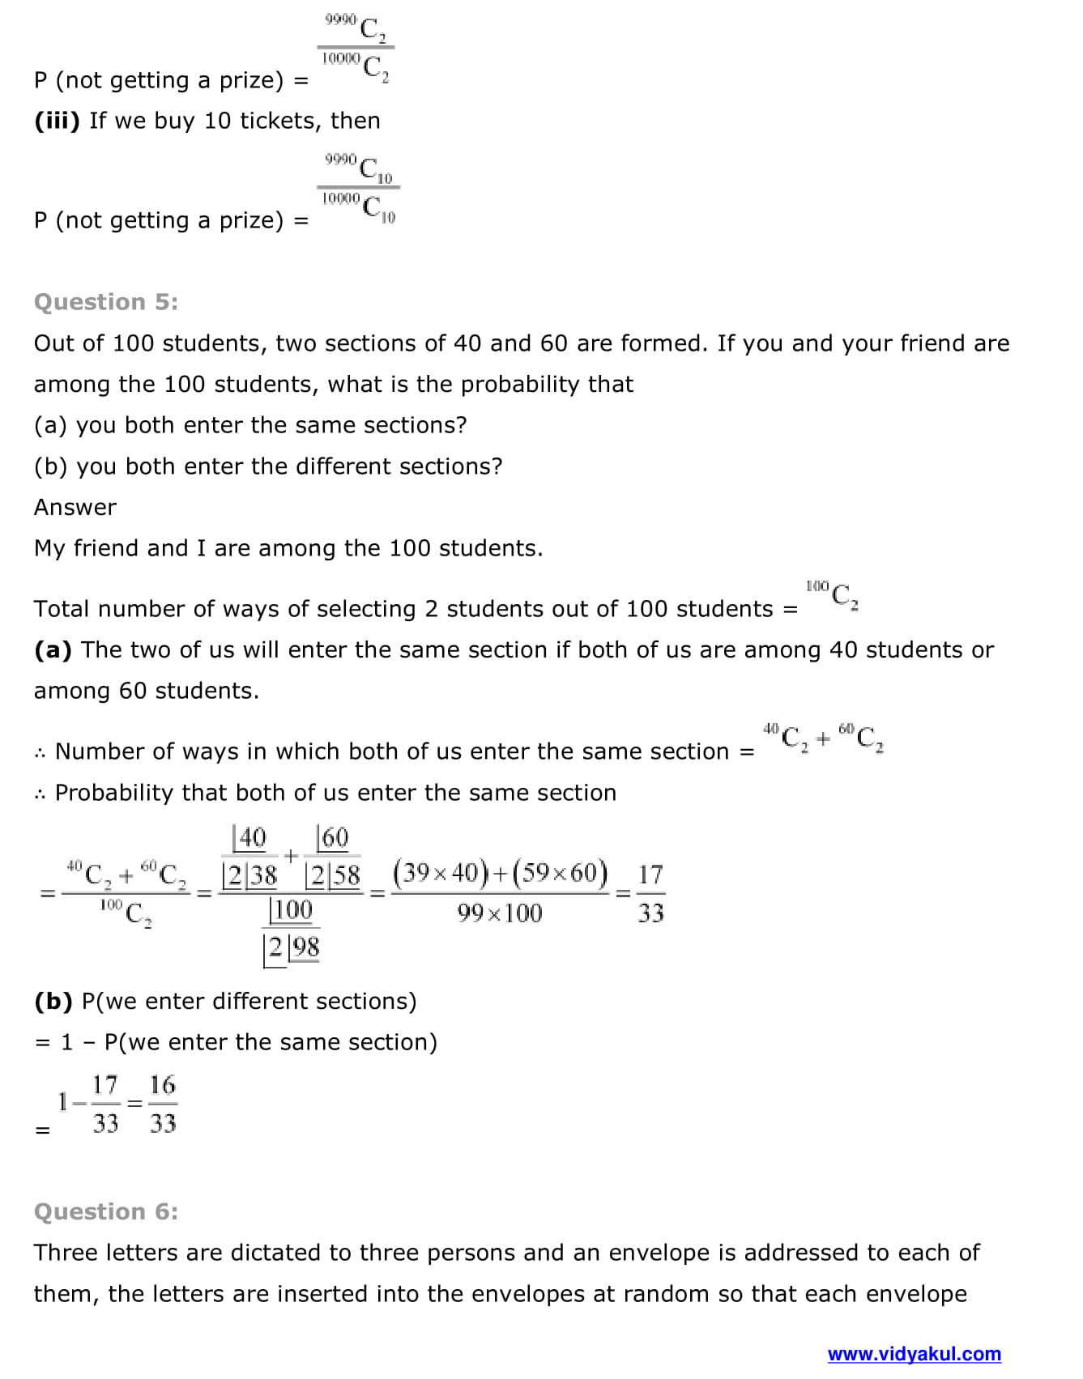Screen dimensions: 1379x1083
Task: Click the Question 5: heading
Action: coord(106,302)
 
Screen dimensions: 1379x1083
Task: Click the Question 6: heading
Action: coord(106,1211)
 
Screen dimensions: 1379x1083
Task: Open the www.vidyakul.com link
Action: coord(914,1354)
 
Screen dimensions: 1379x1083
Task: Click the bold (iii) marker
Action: coord(57,121)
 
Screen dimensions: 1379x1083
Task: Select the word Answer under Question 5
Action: coord(75,507)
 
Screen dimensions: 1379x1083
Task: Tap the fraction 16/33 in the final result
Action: coord(163,1104)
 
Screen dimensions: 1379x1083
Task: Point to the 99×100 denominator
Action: coord(500,913)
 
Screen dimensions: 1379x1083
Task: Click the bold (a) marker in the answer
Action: coord(53,649)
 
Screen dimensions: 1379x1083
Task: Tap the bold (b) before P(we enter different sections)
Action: coord(53,1001)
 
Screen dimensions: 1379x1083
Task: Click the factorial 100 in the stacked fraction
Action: coord(291,910)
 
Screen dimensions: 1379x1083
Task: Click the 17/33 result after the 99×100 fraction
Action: coord(650,894)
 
